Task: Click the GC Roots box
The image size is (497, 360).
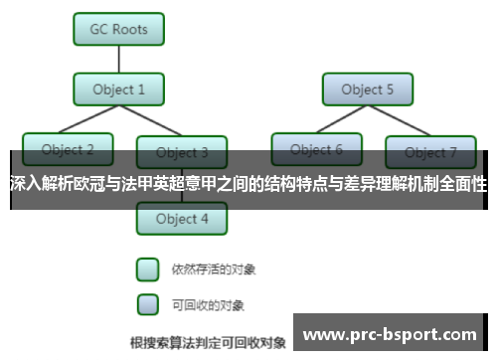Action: pyautogui.click(x=119, y=29)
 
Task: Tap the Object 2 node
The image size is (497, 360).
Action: pyautogui.click(x=69, y=150)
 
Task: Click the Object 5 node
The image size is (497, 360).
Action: pyautogui.click(x=368, y=90)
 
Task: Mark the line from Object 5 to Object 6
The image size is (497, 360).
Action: pyautogui.click(x=340, y=120)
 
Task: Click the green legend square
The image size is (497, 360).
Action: pyautogui.click(x=147, y=270)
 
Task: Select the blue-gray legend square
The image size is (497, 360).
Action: pyautogui.click(x=147, y=303)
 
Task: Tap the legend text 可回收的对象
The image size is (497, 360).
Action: pyautogui.click(x=208, y=304)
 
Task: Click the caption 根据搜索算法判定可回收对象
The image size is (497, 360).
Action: pyautogui.click(x=208, y=343)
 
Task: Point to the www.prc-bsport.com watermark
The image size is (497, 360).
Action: pyautogui.click(x=389, y=335)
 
